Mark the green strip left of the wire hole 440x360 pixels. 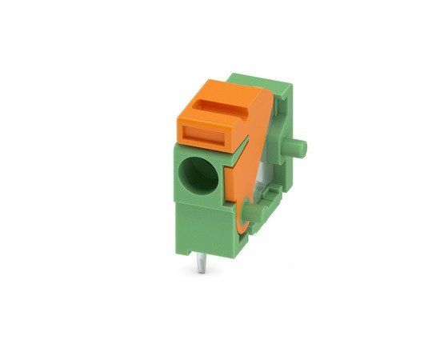point(177,172)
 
